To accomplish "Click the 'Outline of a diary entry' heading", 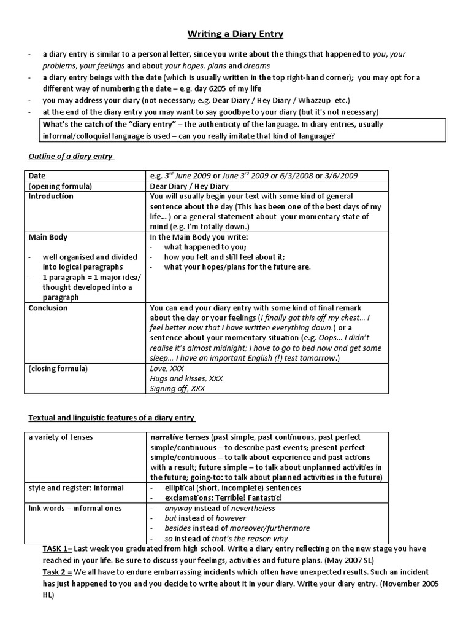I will [x=71, y=157].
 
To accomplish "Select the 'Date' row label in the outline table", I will [x=37, y=176].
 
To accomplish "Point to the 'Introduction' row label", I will [x=51, y=197].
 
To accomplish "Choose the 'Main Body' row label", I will [x=48, y=236].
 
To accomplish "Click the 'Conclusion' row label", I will [x=48, y=308].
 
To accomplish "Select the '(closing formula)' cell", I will [x=58, y=369].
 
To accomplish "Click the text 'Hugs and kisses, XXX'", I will [x=186, y=379].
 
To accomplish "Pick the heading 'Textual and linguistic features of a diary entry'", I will [x=112, y=418].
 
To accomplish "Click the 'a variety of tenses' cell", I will [x=62, y=437].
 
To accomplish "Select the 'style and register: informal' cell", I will [x=76, y=488].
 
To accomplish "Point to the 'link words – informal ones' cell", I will [x=75, y=508].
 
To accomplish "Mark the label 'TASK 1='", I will [x=57, y=548].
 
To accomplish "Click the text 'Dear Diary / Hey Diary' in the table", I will [x=189, y=186].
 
